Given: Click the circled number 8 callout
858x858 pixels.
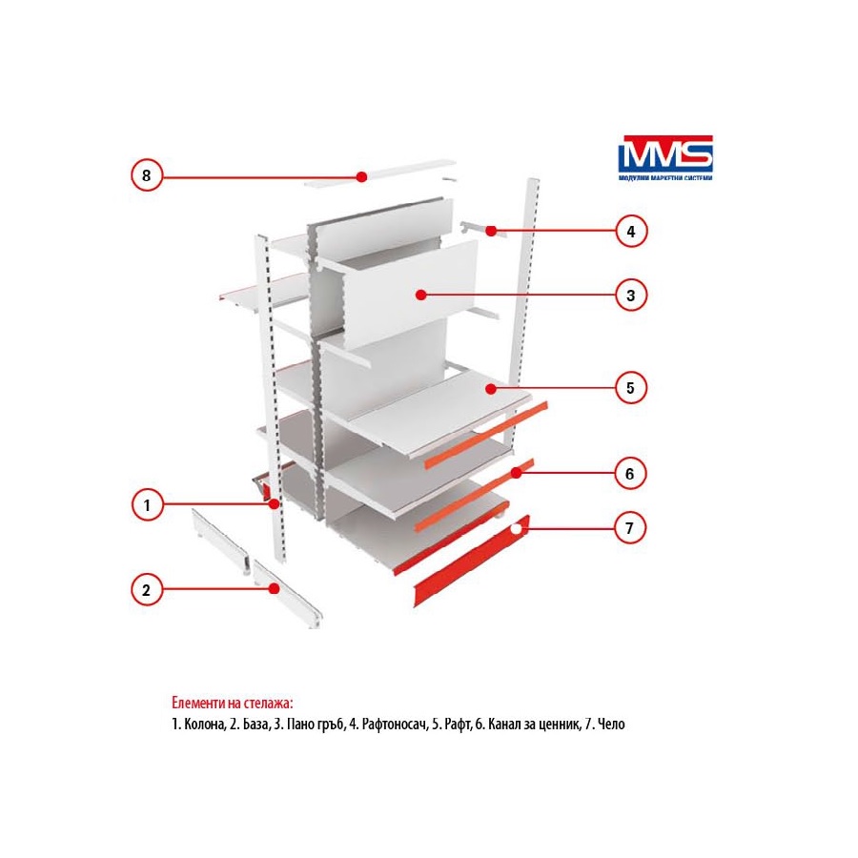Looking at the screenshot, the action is coord(147,175).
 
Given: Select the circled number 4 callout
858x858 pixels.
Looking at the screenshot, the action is coord(630,232).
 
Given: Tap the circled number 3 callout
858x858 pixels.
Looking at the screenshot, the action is coord(630,295).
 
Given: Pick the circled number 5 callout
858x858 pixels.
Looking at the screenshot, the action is coord(630,388).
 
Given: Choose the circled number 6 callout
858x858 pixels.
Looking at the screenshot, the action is coord(630,473).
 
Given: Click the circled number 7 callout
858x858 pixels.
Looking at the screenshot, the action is coord(630,528).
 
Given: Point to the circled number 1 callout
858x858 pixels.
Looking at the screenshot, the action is coord(147,504).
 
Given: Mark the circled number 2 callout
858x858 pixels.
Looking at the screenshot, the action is coord(147,590).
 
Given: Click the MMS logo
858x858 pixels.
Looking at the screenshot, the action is coord(664,158).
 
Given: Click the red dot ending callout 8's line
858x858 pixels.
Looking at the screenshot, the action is coord(361,176).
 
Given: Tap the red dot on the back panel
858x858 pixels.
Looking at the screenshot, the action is coord(420,295).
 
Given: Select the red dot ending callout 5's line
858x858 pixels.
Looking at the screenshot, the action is coord(490,389).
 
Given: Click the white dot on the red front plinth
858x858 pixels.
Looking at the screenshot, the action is coord(516,528).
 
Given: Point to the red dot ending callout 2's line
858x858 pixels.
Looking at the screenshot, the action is coord(274,589).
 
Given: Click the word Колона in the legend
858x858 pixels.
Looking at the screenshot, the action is coord(204,724).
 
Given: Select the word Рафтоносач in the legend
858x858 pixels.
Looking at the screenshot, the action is coord(394,724).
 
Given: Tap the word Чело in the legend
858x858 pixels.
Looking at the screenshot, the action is coord(611,724).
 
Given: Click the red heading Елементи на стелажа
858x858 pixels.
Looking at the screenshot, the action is coord(233,703).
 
